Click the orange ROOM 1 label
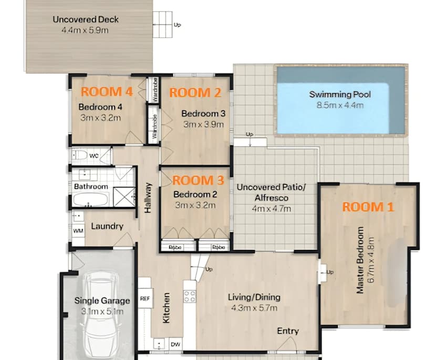coord(368,207)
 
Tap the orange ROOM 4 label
coord(107,92)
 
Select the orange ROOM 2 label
coord(194,93)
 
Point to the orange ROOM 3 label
coord(198,181)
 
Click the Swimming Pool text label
coord(340,95)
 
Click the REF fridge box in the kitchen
coord(145,298)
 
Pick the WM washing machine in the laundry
coord(78,231)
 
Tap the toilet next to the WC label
coord(79,155)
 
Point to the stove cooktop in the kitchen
coord(190,296)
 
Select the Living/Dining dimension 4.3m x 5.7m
coord(254,308)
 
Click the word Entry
coord(287,331)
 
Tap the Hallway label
coord(149,198)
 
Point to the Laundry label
coord(107,226)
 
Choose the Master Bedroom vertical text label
coord(360,261)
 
